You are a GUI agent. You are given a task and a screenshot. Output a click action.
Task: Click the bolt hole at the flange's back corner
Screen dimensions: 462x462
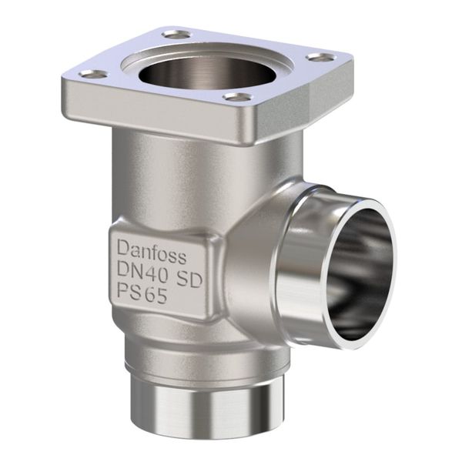click(176, 35)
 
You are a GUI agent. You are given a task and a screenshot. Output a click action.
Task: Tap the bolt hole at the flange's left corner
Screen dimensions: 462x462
click(93, 74)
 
